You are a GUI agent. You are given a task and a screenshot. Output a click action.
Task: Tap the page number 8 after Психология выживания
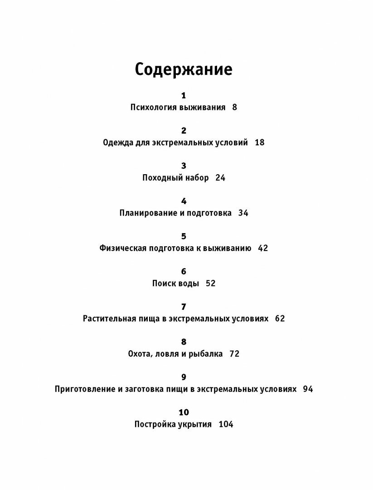(x=234, y=108)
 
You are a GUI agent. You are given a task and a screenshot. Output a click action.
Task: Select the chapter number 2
(x=184, y=131)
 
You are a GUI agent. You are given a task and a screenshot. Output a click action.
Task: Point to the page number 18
(x=259, y=142)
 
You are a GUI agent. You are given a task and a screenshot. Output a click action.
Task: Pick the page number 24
(x=220, y=178)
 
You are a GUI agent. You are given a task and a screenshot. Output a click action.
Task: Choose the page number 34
(x=243, y=213)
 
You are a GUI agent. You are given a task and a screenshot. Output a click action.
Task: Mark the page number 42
(x=263, y=248)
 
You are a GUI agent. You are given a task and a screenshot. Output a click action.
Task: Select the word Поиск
(x=163, y=284)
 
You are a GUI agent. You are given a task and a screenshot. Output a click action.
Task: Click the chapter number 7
(x=184, y=307)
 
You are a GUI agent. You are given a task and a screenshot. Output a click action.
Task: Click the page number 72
(x=234, y=354)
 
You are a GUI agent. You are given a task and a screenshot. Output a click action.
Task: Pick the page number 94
(x=308, y=389)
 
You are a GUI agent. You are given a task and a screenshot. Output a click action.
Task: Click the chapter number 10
(x=184, y=412)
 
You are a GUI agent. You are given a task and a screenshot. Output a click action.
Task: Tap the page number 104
(x=226, y=425)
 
